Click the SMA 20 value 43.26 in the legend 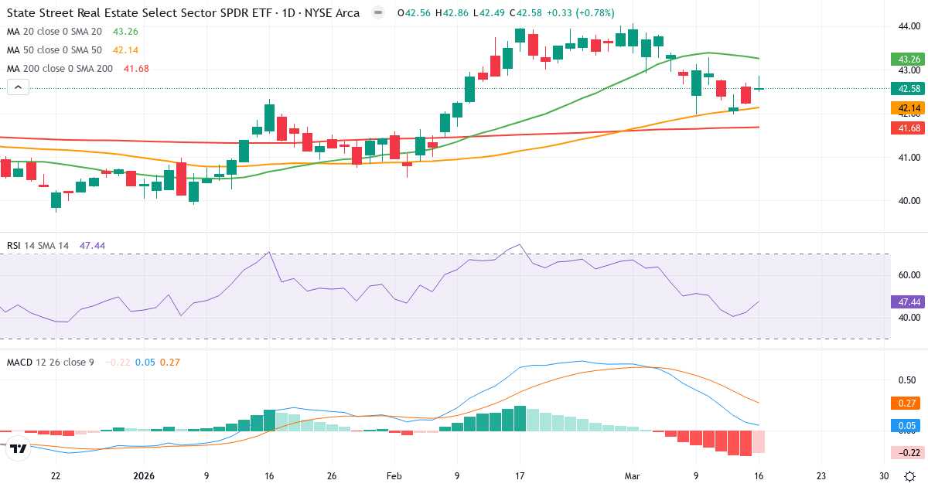coord(126,31)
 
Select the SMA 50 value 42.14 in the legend coord(126,49)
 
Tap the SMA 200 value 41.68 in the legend coord(136,68)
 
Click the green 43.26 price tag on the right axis coord(904,59)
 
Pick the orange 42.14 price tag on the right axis coord(904,107)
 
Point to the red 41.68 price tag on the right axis coord(904,128)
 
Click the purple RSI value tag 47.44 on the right coord(904,301)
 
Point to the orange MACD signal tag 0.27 coord(904,403)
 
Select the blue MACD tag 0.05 coord(904,425)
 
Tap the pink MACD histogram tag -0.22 coord(904,452)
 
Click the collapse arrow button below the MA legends coord(18,87)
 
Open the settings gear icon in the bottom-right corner coord(911,476)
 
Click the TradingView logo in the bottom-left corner coord(19,448)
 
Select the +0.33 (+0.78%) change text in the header coord(575,13)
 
